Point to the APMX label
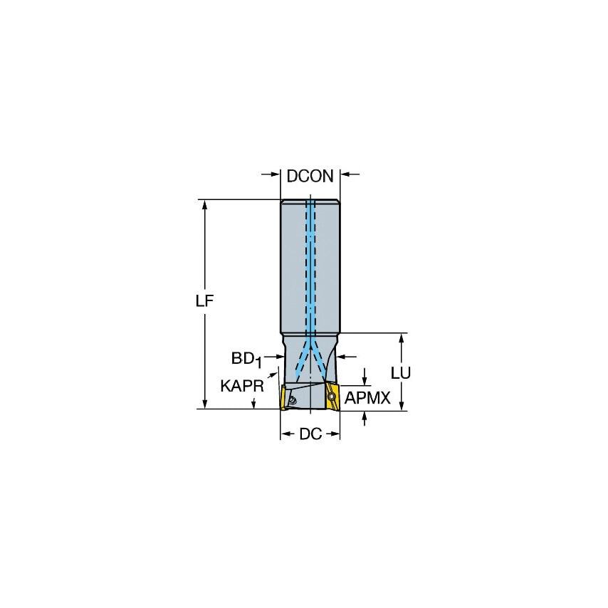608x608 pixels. (x=367, y=399)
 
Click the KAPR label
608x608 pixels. (x=242, y=386)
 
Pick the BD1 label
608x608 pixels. (x=246, y=358)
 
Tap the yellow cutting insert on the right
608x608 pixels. (x=332, y=395)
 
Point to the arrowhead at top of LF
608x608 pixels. (x=205, y=204)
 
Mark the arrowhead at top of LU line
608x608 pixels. (x=402, y=338)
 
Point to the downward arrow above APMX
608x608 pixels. (x=365, y=378)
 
